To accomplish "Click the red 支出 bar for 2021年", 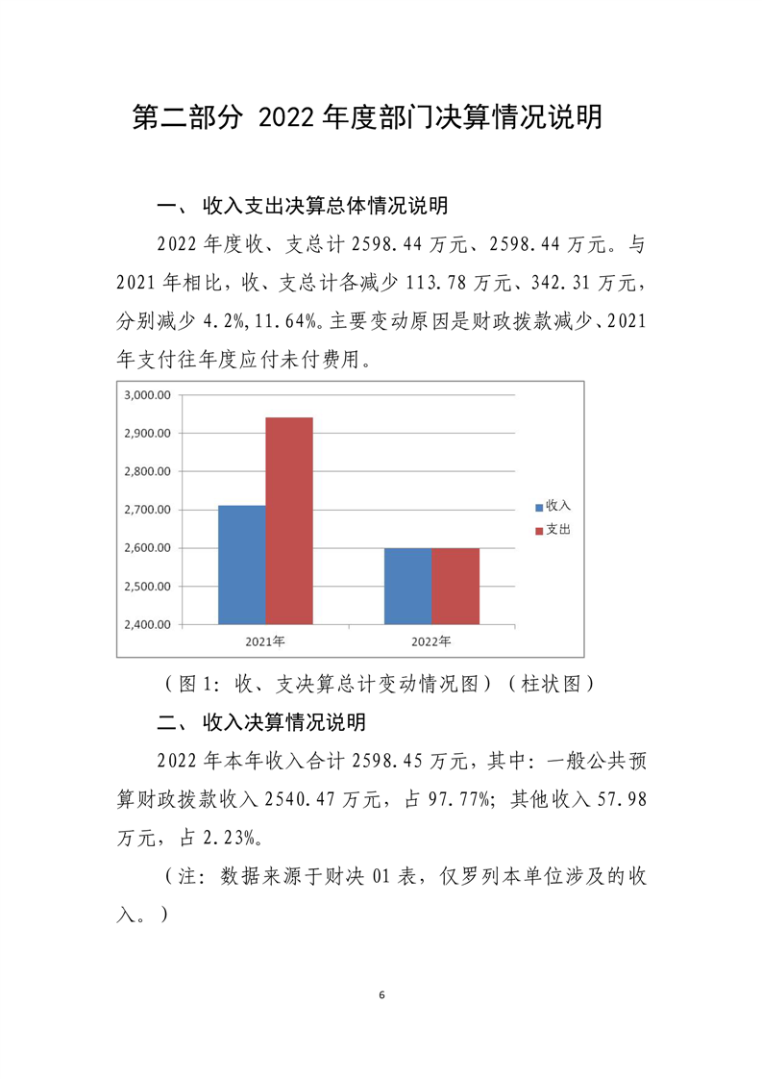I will pyautogui.click(x=289, y=520).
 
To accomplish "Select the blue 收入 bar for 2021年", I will pyautogui.click(x=242, y=565).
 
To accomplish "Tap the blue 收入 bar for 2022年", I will pyautogui.click(x=407, y=586).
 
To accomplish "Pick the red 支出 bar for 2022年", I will pyautogui.click(x=455, y=586).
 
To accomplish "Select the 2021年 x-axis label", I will pyautogui.click(x=265, y=640).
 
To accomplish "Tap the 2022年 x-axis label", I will pyautogui.click(x=431, y=640).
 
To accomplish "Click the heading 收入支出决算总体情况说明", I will pyautogui.click(x=325, y=206).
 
